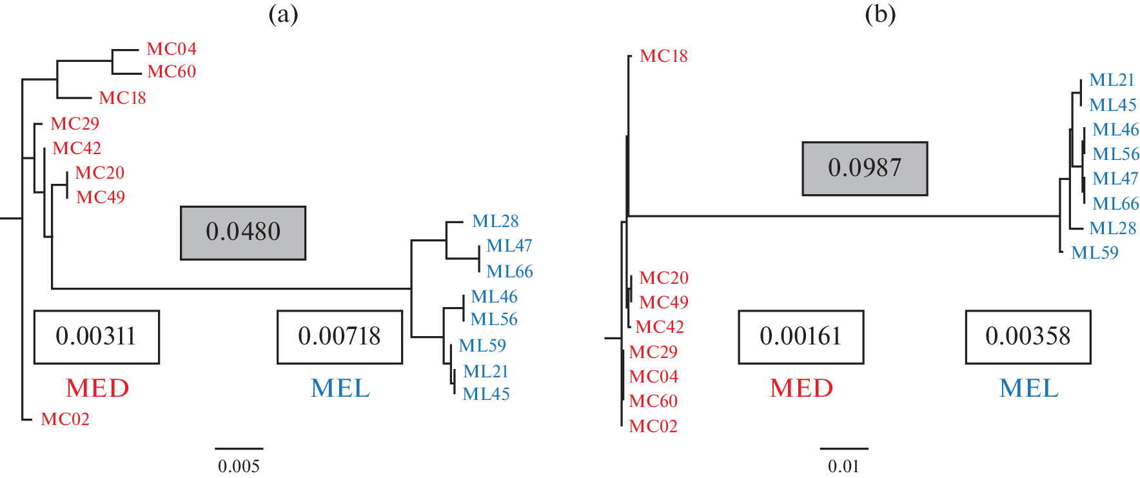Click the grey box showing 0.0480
(x=243, y=233)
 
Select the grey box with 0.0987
(x=865, y=168)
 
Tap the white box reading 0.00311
(x=96, y=337)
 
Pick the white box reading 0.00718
(x=340, y=337)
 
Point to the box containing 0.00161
(x=801, y=337)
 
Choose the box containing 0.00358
(x=1028, y=337)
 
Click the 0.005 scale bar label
(x=239, y=466)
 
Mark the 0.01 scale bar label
(x=843, y=466)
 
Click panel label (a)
(x=283, y=14)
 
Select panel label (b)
(x=880, y=14)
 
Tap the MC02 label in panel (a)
(x=65, y=419)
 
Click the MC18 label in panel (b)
(x=663, y=56)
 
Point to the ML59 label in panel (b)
(x=1095, y=253)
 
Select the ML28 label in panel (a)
(x=495, y=221)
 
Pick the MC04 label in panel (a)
(x=172, y=49)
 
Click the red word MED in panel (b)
(x=801, y=388)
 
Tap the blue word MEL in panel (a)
(x=340, y=388)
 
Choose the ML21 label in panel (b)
(x=1112, y=80)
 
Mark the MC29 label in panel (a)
(x=75, y=124)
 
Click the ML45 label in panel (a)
(x=486, y=394)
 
